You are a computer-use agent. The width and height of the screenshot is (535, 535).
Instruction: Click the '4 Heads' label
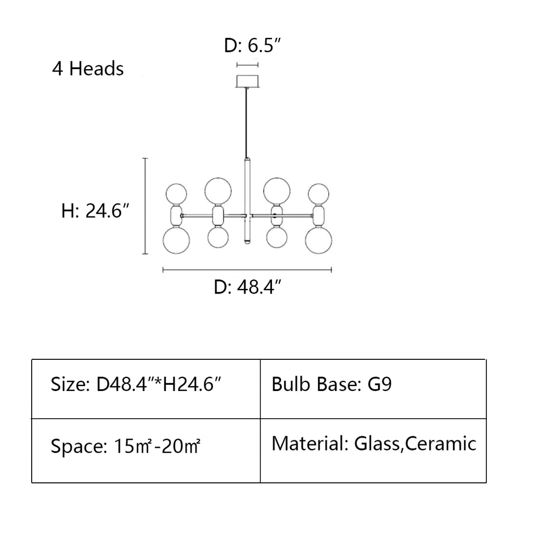click(x=88, y=69)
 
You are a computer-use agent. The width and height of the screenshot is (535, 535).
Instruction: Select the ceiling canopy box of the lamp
click(x=247, y=80)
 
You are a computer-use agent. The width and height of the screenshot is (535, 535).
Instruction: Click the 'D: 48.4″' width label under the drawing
click(x=248, y=288)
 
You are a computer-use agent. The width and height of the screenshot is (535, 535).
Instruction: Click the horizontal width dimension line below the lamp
click(x=247, y=270)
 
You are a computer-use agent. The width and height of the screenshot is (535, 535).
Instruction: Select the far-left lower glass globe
click(x=175, y=240)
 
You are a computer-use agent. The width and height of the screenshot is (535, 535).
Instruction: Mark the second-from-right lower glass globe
click(x=276, y=236)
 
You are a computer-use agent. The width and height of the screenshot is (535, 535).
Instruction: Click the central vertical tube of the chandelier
click(x=247, y=201)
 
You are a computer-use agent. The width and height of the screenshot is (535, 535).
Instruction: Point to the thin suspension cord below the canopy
click(x=247, y=122)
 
